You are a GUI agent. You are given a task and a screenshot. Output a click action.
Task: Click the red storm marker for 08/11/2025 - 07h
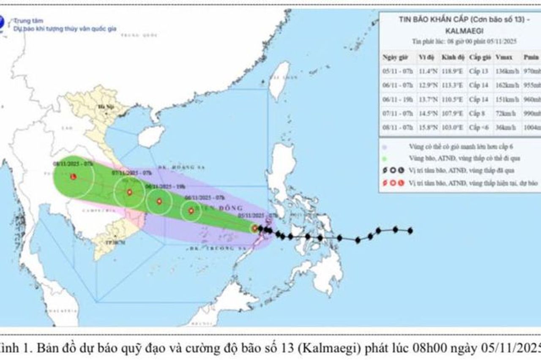(x=73, y=176)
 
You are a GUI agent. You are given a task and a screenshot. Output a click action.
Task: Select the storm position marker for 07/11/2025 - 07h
(x=129, y=192)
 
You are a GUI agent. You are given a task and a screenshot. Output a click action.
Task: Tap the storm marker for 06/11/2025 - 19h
(x=159, y=202)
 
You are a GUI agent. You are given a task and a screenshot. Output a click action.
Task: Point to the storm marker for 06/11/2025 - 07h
(x=191, y=210)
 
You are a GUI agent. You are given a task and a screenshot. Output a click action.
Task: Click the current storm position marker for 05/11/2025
(x=254, y=229)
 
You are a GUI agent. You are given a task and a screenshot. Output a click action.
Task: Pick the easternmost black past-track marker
(x=410, y=231)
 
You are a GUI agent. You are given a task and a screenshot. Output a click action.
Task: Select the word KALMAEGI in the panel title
(x=460, y=30)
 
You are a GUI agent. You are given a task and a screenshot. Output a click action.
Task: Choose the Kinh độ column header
(x=451, y=57)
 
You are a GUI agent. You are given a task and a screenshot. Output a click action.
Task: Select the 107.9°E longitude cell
(x=452, y=113)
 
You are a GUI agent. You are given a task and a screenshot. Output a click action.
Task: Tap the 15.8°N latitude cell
(x=427, y=127)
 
